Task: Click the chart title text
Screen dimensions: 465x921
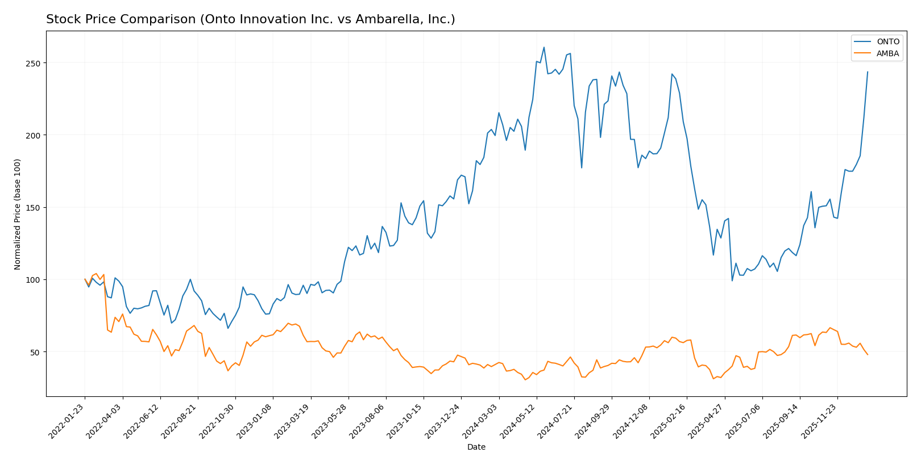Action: [x=250, y=19]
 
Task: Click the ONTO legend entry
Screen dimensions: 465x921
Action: [x=887, y=42]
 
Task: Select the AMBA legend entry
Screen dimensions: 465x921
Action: [x=887, y=54]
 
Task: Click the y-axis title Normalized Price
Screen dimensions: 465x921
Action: [x=18, y=214]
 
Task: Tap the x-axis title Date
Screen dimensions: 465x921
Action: [x=476, y=447]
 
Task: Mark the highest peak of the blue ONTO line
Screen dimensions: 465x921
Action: [x=544, y=47]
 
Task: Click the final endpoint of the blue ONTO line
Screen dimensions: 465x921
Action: [x=868, y=72]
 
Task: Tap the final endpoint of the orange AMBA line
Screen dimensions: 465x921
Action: [x=868, y=355]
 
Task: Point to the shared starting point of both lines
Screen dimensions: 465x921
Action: [x=85, y=279]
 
